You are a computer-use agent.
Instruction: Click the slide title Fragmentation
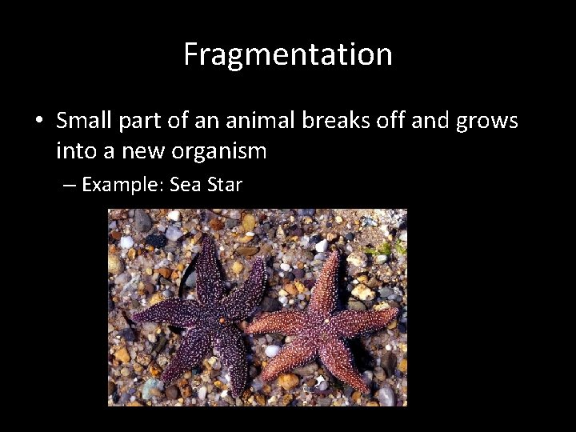(288, 54)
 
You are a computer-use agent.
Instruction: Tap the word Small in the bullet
(85, 121)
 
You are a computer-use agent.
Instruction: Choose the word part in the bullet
(151, 122)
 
